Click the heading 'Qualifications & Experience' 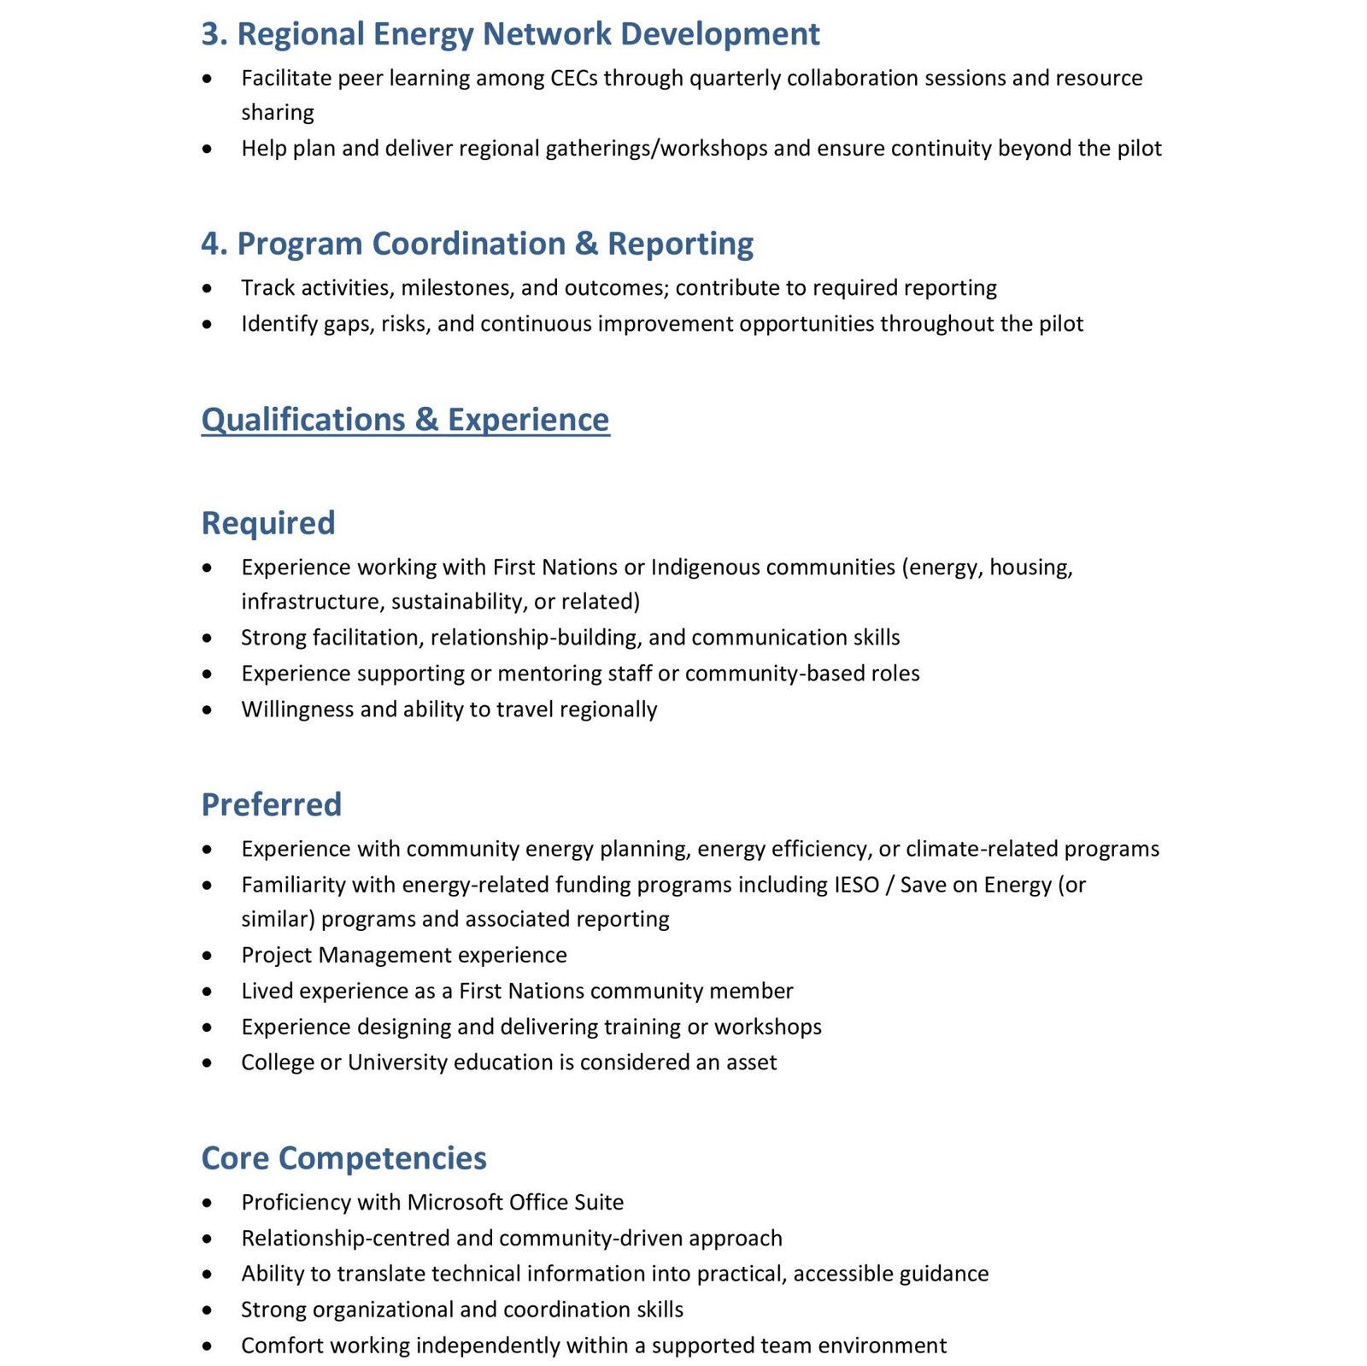point(405,420)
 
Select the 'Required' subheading point(267,523)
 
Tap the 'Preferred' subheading point(271,804)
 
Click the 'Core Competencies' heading point(343,1158)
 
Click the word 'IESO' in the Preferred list point(856,885)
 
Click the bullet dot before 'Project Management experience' point(208,956)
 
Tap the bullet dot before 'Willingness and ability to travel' point(208,710)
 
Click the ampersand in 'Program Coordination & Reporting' point(586,244)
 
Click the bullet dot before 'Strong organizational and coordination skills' point(208,1310)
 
